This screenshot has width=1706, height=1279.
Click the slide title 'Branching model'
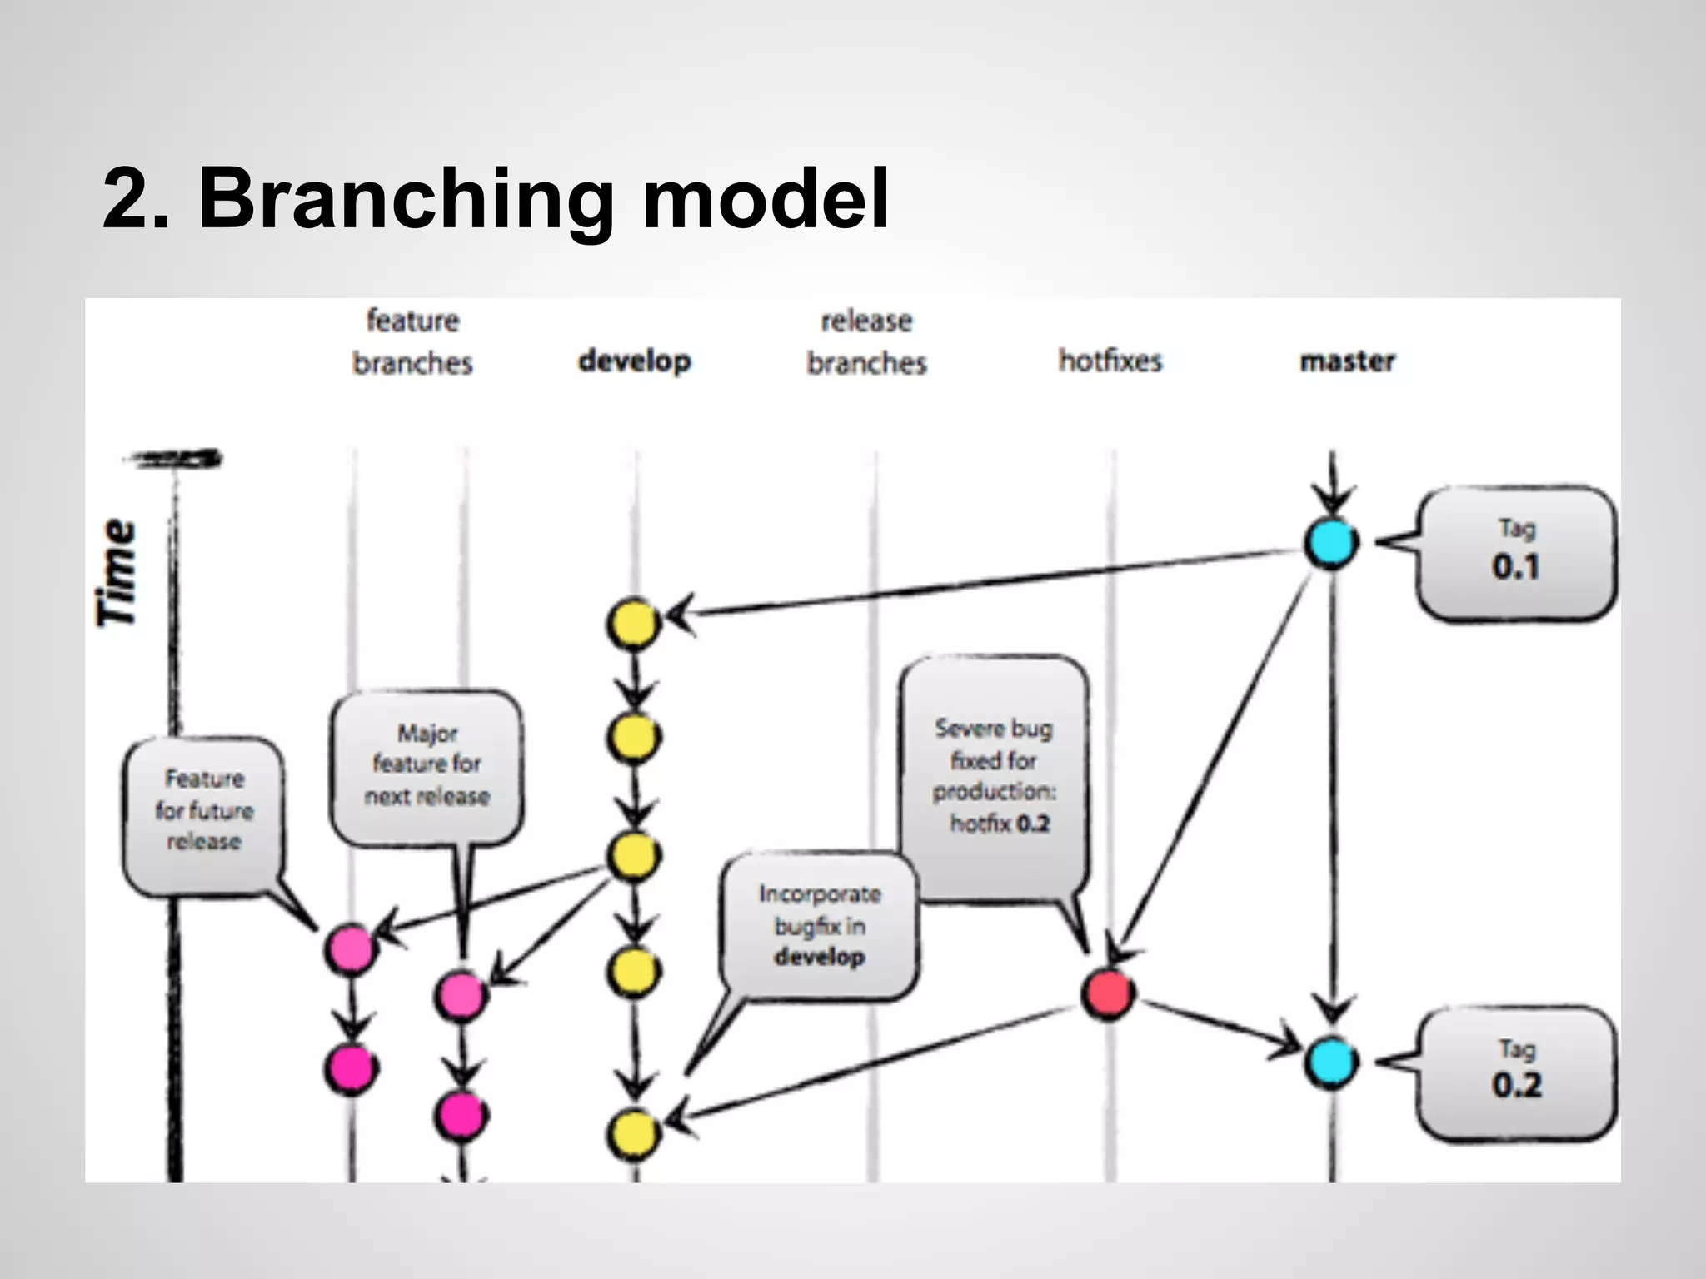tap(496, 199)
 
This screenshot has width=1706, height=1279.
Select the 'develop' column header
tap(635, 361)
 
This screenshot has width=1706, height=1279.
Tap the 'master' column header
tap(1347, 361)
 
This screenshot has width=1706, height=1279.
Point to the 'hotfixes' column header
tap(1110, 361)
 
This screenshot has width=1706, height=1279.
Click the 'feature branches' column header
tap(413, 341)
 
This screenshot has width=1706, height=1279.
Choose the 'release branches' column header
tap(866, 341)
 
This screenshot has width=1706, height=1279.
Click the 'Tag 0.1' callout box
tap(1516, 553)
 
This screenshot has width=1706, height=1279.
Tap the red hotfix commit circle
tap(1108, 993)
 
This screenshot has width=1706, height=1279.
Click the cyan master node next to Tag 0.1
tap(1331, 543)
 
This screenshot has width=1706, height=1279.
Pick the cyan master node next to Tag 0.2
tap(1331, 1062)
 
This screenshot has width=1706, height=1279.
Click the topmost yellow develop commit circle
tap(633, 623)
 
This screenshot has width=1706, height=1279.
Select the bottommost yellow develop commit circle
tap(633, 1133)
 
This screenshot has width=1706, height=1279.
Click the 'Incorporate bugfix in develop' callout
tap(820, 925)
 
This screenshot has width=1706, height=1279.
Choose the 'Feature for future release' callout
tap(203, 811)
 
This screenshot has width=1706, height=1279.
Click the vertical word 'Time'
tap(117, 572)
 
